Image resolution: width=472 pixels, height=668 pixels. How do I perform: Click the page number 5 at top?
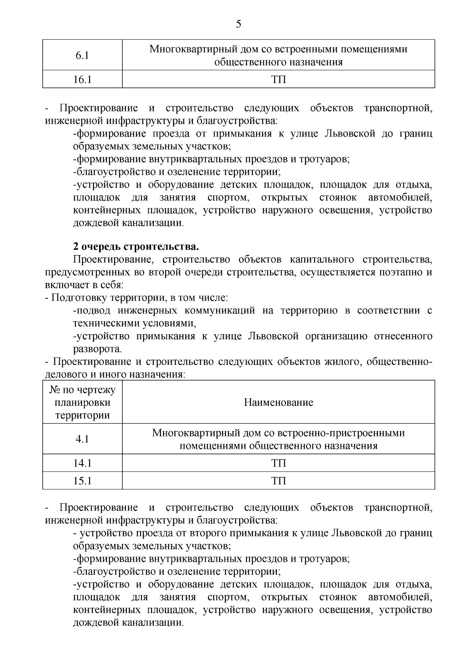tap(238, 24)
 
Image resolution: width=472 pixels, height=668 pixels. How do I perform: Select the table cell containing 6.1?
tap(82, 56)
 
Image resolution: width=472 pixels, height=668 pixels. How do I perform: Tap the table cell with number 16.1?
tap(82, 80)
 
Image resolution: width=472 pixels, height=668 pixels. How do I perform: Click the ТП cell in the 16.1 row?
tap(278, 80)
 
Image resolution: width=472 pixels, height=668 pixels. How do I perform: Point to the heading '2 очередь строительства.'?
tap(136, 247)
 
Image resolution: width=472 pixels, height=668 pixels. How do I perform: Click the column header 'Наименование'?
tap(278, 402)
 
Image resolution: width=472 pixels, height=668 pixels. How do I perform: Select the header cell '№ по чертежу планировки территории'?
tap(82, 402)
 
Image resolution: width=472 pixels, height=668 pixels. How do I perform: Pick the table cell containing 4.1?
tap(82, 439)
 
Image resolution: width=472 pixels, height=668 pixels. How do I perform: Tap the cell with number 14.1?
tap(82, 463)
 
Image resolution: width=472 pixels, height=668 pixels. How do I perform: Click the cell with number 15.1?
tap(82, 481)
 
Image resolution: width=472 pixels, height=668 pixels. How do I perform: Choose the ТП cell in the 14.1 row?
tap(278, 463)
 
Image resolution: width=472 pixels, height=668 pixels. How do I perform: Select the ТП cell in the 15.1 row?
tap(278, 481)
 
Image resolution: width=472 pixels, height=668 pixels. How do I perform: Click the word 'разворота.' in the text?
tap(98, 349)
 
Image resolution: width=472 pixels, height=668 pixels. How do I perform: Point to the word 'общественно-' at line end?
tap(399, 361)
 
